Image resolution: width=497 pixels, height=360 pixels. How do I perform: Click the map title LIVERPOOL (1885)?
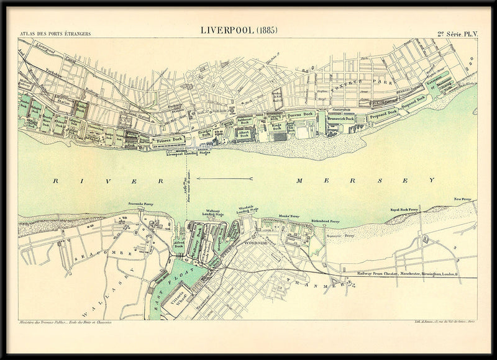coord(239,30)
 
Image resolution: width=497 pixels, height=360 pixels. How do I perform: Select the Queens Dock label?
coord(299,115)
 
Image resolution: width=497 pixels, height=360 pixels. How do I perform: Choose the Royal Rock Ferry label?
coord(404,210)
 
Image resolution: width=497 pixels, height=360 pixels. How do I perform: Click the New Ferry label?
coord(463,199)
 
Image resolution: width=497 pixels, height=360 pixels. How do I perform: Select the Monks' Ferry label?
coord(289,215)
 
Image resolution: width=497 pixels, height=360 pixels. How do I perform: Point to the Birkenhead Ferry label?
coord(326,220)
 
